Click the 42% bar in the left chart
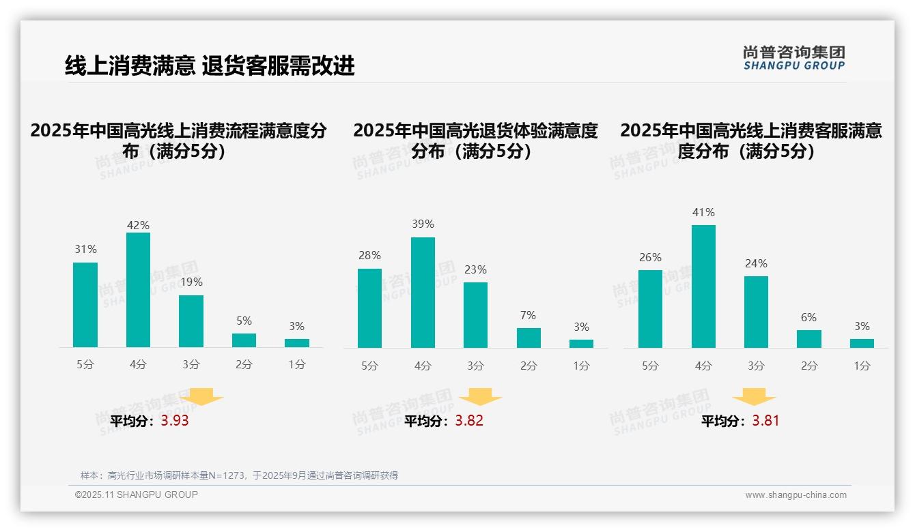point(138,290)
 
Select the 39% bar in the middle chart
point(423,293)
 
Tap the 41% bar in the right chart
point(703,286)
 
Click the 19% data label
point(191,282)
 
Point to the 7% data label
point(527,315)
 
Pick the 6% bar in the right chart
point(808,339)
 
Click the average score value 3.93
point(175,421)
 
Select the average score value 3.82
point(469,421)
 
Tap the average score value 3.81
point(765,421)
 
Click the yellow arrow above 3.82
point(480,397)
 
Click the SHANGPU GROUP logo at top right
point(793,58)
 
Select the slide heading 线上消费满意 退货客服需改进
point(210,66)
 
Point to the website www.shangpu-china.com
point(796,495)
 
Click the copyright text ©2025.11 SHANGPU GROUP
point(137,494)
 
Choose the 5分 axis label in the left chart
point(85,365)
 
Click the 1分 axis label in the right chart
point(862,366)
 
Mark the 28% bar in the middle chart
point(369,308)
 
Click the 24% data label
point(756,263)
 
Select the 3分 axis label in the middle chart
point(475,366)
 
